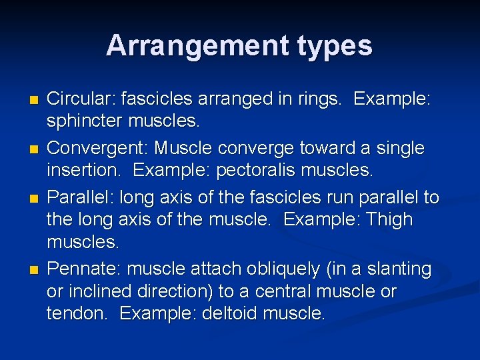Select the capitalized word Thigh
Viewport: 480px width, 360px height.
[x=389, y=219]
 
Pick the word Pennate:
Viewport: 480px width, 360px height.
[x=84, y=269]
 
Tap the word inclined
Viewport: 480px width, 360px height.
[x=104, y=292]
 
